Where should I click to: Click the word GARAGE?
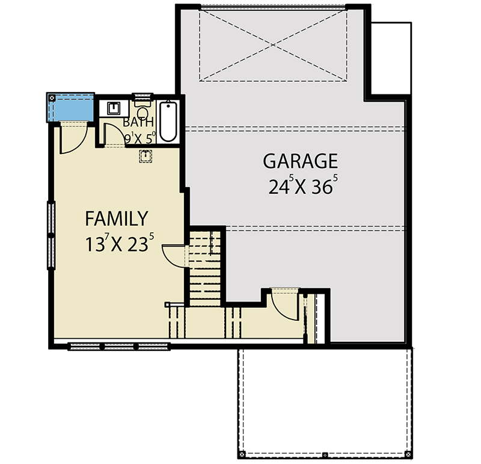pos(300,161)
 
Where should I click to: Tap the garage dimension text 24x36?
pos(300,187)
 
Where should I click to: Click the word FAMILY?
pos(116,217)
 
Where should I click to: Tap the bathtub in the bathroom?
pos(168,123)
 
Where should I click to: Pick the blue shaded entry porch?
pos(71,107)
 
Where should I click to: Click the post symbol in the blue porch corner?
pos(52,97)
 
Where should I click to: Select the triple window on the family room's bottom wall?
pos(119,346)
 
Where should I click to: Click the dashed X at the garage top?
pos(273,45)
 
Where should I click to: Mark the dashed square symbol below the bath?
pos(145,156)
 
